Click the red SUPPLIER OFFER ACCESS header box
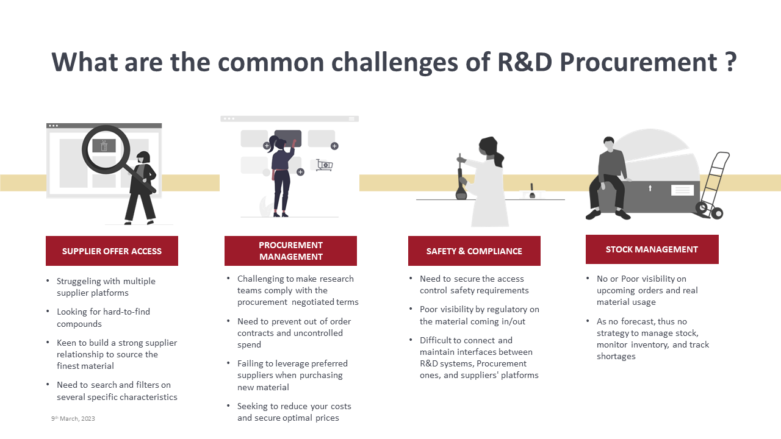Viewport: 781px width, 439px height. [112, 251]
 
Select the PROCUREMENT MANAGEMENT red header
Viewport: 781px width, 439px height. [290, 251]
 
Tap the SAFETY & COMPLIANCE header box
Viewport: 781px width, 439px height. [474, 251]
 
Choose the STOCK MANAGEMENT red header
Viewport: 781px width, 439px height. [652, 249]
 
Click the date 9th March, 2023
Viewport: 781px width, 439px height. [73, 418]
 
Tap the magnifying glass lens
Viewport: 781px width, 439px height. [106, 149]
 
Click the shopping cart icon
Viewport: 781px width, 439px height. [324, 165]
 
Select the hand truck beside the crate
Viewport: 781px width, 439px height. [711, 185]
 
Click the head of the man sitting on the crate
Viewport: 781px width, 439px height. [609, 143]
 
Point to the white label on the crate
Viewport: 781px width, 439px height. [682, 190]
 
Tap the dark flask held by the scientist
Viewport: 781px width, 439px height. [461, 184]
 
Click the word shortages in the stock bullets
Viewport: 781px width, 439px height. [616, 357]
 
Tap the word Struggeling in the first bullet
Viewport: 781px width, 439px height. [79, 282]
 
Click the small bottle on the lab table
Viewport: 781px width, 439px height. [532, 191]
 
